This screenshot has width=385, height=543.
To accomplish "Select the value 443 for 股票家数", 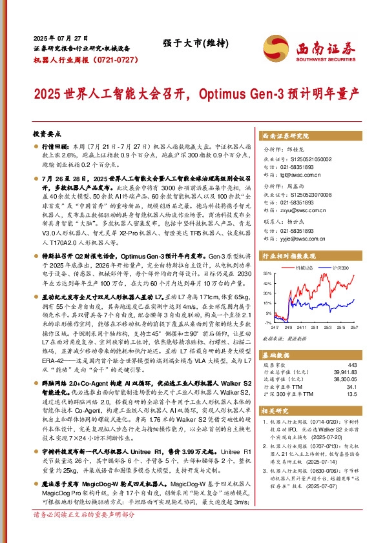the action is tap(352, 365).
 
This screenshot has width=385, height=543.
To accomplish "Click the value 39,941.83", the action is tap(346, 373).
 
